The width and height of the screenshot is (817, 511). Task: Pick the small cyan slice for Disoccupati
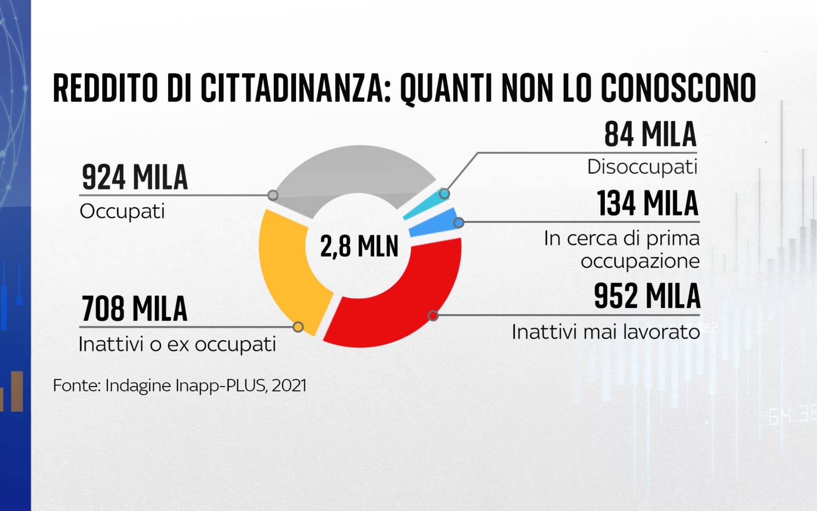click(424, 204)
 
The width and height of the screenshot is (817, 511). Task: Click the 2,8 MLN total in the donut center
click(359, 246)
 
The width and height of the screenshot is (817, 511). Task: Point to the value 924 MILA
click(135, 177)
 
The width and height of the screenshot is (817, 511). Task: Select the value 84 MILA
click(650, 135)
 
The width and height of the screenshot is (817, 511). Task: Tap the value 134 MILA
click(648, 203)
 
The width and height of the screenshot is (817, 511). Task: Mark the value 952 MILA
click(647, 296)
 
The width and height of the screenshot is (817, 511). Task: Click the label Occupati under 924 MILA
click(122, 211)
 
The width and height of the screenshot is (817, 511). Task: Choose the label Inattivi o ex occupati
click(177, 344)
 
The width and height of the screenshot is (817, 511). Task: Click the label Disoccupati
click(642, 167)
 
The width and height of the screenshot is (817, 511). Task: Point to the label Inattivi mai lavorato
click(606, 332)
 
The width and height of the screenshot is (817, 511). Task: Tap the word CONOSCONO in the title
click(678, 88)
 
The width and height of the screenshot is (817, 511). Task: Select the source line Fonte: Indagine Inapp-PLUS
click(180, 385)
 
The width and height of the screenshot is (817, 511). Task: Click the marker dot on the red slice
click(433, 315)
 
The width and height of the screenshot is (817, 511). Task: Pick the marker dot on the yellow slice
click(298, 327)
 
